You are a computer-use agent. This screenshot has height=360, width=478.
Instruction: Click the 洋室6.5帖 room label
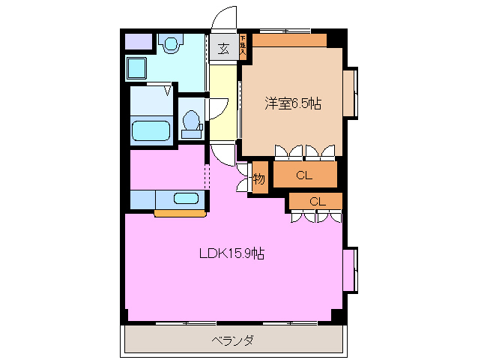tap(292, 104)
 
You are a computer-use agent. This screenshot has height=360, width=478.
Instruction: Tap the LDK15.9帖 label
tap(232, 253)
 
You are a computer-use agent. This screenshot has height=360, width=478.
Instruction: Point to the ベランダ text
tap(232, 340)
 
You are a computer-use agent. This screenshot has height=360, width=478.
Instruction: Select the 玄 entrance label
tap(223, 49)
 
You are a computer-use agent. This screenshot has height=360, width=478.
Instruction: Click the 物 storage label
tap(258, 179)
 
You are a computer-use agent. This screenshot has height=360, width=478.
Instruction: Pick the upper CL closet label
tap(303, 176)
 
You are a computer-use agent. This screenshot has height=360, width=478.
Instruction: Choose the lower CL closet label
tap(317, 201)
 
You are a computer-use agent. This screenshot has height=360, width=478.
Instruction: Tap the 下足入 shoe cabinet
tap(243, 46)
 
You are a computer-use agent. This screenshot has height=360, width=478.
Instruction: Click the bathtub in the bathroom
tap(152, 130)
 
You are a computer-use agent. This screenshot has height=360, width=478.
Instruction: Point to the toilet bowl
tap(192, 122)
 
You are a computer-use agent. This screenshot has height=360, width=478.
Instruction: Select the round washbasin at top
tap(172, 45)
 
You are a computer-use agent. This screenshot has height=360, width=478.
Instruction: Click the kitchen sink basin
tap(185, 199)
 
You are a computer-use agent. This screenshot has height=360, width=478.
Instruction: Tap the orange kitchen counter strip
tap(180, 214)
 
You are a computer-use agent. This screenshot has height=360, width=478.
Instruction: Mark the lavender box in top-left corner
tap(136, 42)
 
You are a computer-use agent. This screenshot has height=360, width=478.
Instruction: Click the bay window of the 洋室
tap(350, 93)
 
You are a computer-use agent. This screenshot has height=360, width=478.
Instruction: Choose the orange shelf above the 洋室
tap(288, 40)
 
